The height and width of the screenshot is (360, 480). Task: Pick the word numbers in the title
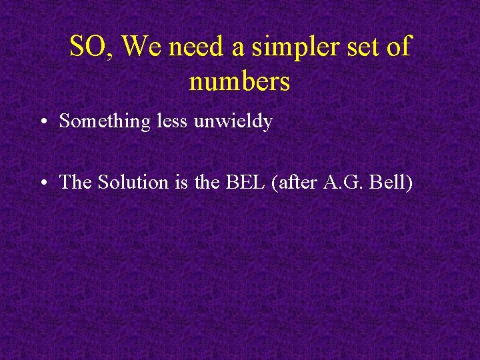[239, 82]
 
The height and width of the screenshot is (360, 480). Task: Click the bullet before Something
[42, 122]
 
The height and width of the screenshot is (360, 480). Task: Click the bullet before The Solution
[42, 182]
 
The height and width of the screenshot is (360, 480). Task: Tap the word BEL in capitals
[243, 181]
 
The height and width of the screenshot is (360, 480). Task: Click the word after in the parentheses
[295, 181]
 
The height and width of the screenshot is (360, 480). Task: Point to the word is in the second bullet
[183, 181]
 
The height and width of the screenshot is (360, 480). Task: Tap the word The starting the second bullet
[76, 181]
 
